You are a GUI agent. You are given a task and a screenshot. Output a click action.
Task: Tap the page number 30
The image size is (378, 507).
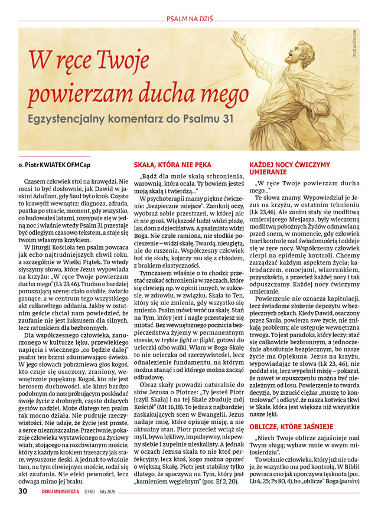pos(22,490)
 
